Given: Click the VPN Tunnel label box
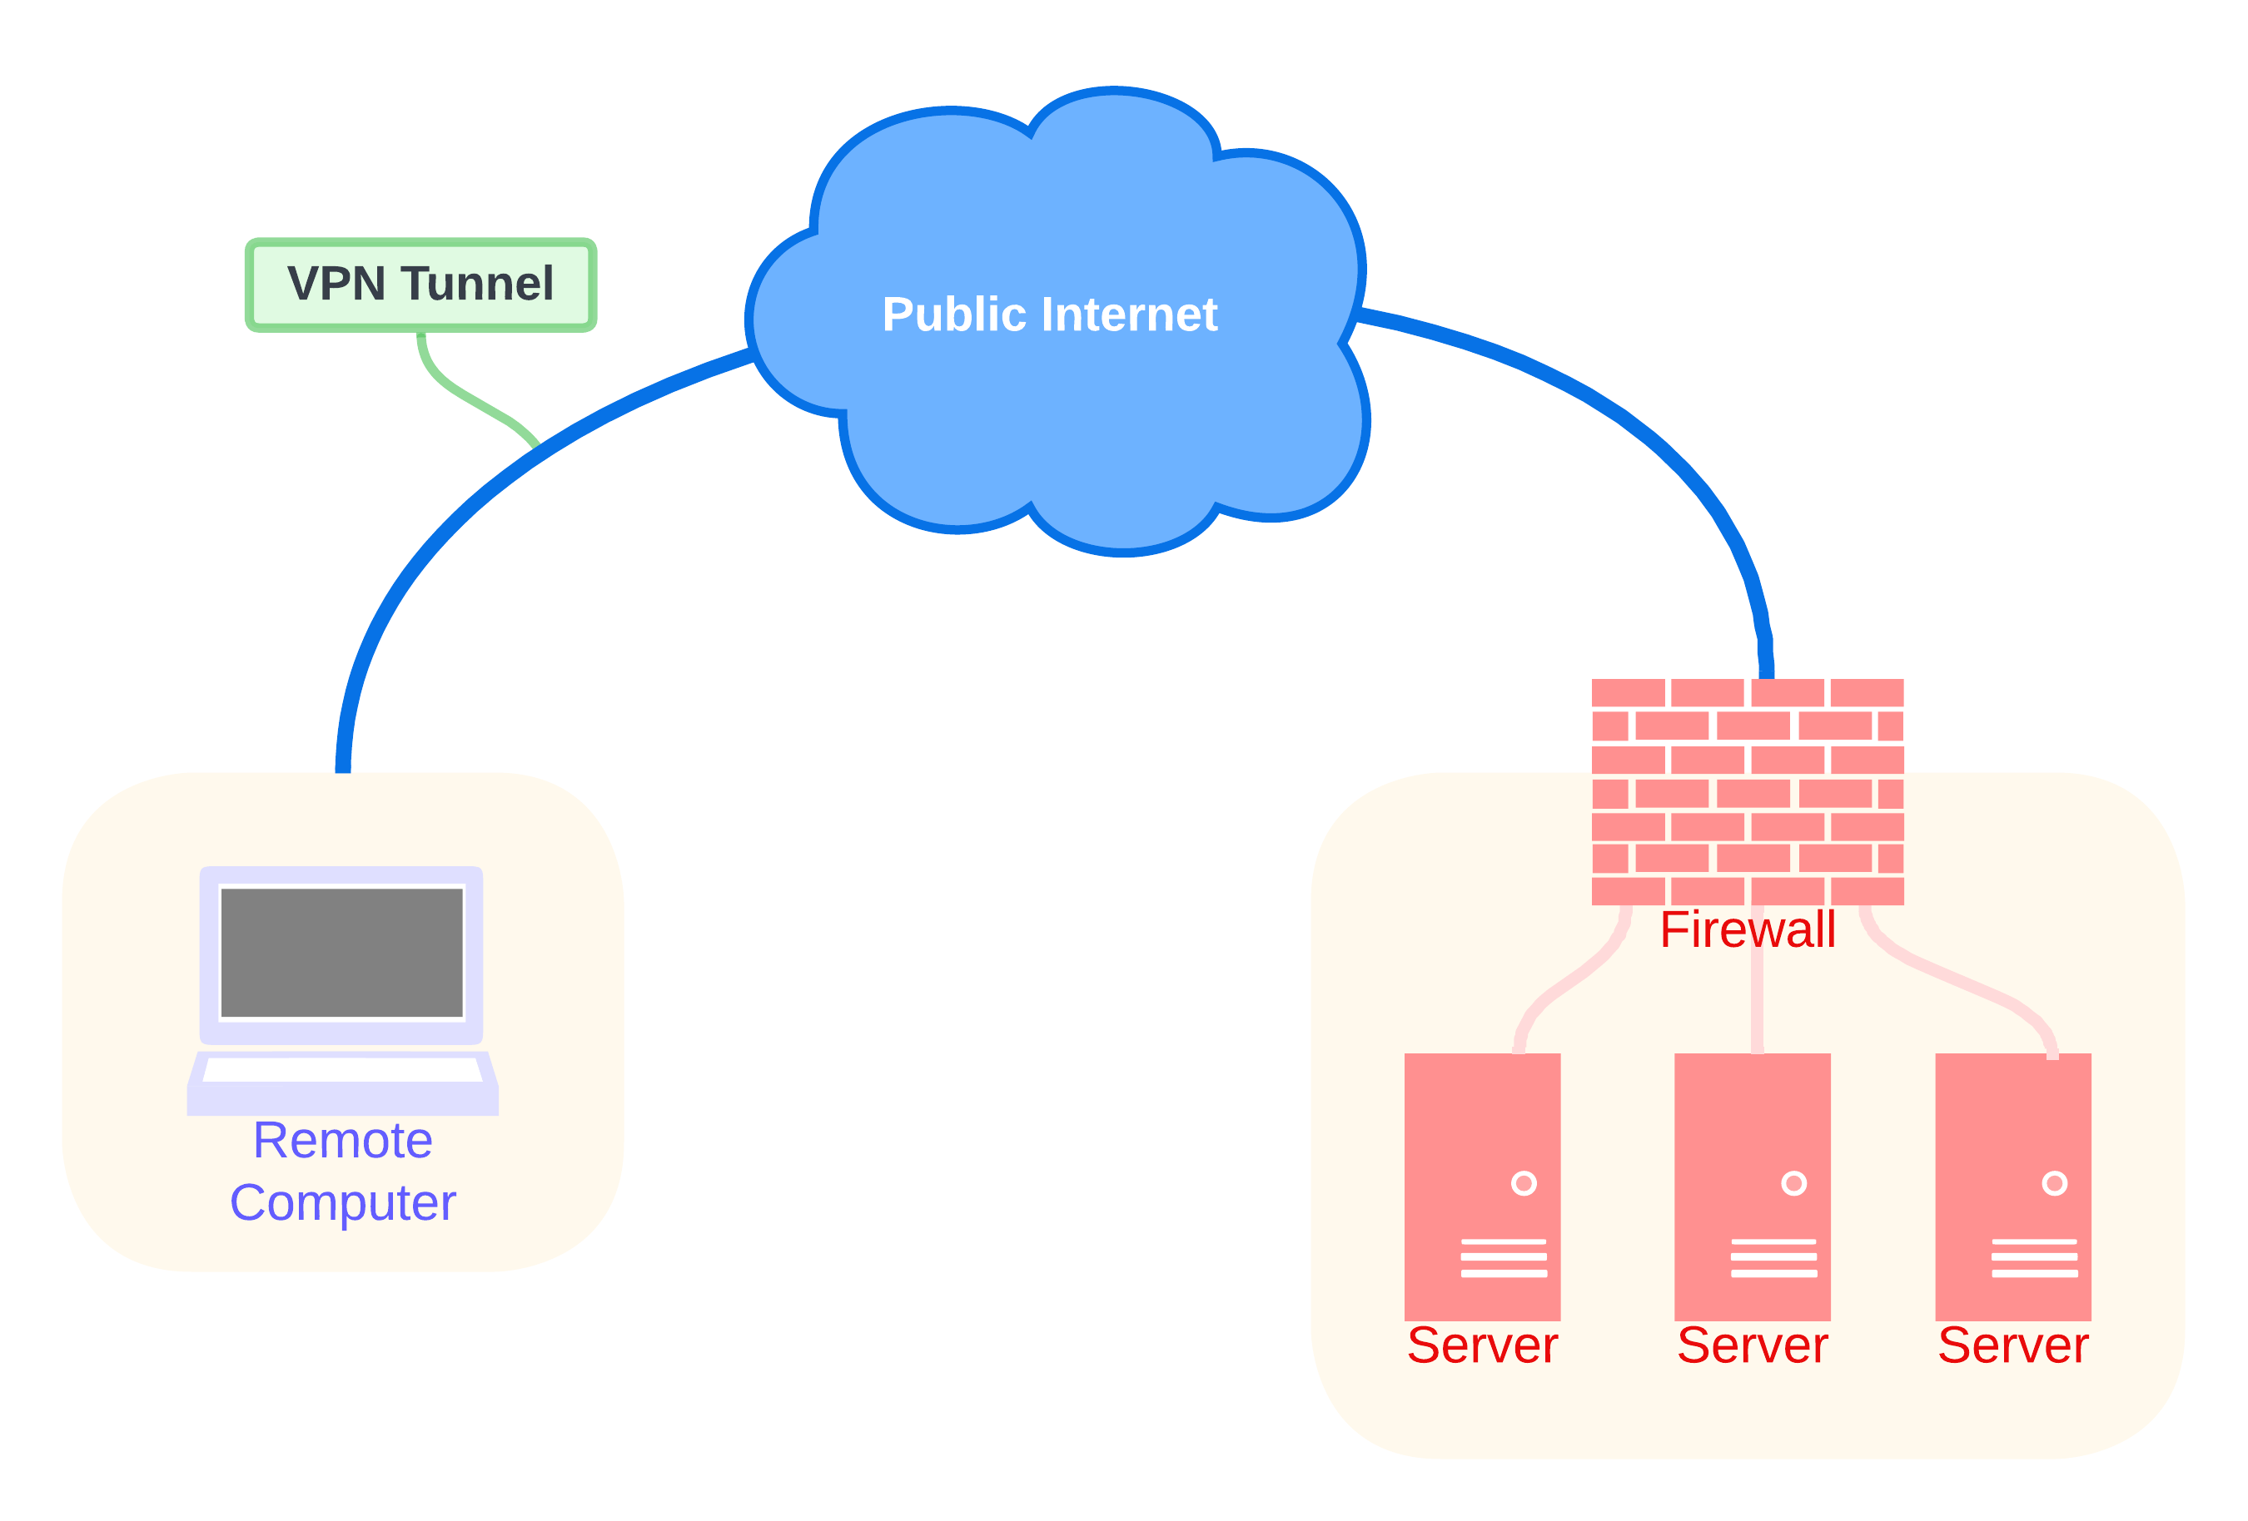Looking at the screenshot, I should (x=420, y=285).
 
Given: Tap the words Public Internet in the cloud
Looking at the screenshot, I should (x=1050, y=315).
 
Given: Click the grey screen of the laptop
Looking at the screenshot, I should (x=341, y=953).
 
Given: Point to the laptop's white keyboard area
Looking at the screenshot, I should (x=341, y=1069).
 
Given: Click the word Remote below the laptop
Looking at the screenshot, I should (x=342, y=1140).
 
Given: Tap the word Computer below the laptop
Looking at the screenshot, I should (x=342, y=1202).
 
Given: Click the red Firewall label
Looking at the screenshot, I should (x=1747, y=929).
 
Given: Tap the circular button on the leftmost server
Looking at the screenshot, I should (x=1524, y=1183).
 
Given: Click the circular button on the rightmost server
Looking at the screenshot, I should (x=2055, y=1183).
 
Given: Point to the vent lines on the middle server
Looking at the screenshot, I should (x=1773, y=1257).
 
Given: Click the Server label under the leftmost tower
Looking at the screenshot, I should (x=1482, y=1345).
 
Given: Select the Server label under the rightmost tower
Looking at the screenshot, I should (x=2013, y=1345).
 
